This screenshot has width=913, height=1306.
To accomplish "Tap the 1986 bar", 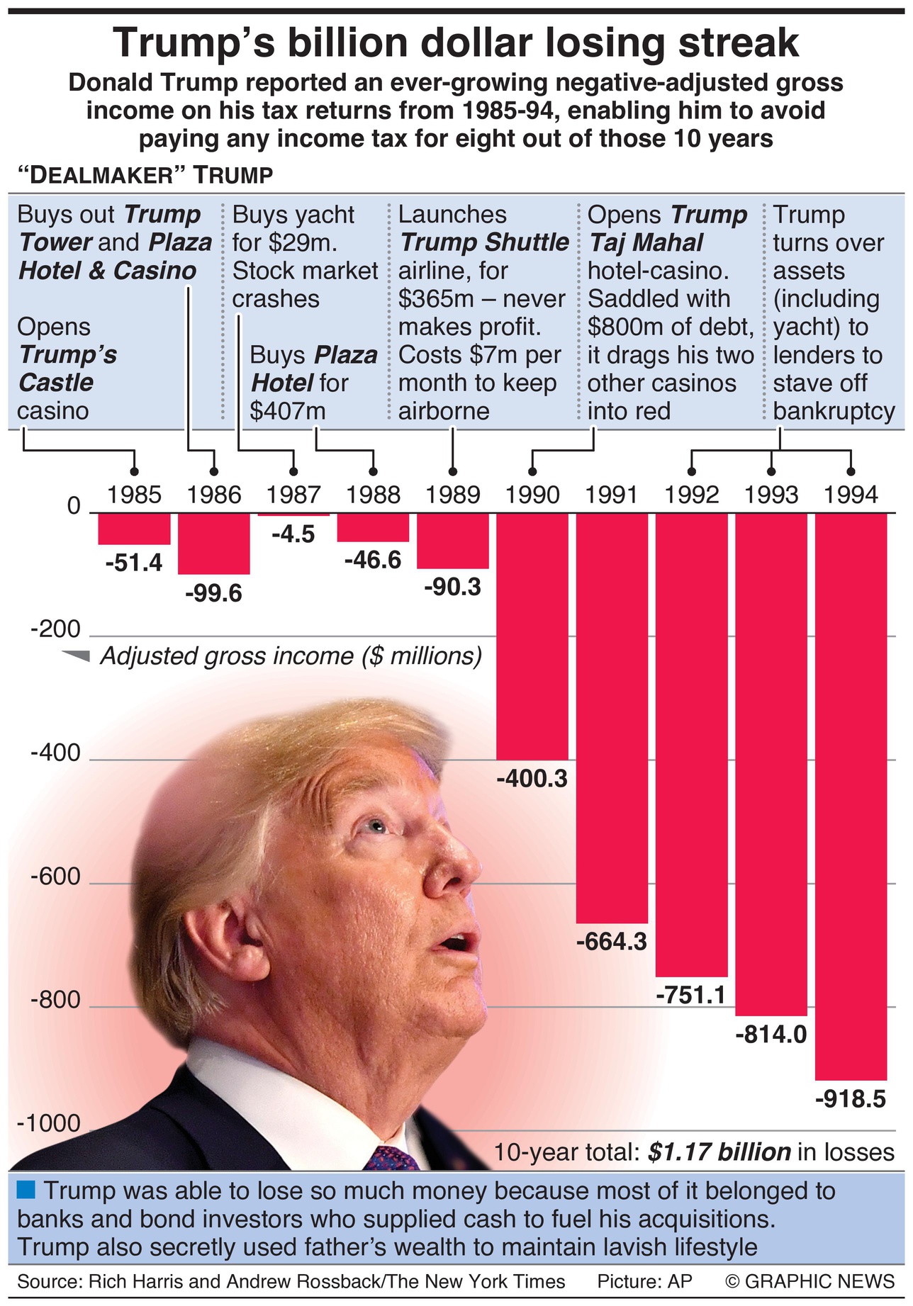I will [x=213, y=544].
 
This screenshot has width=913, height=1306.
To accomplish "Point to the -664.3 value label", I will [x=612, y=942].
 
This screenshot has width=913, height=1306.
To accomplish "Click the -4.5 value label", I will [x=293, y=534].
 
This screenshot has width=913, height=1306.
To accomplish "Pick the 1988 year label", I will [x=374, y=495].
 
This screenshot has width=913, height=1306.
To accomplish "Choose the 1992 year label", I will [x=692, y=495].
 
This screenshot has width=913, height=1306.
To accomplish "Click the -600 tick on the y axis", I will [x=55, y=877].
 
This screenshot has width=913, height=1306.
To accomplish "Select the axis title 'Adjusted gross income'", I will [x=291, y=655].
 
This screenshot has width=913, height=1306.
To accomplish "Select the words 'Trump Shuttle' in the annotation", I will [x=485, y=242].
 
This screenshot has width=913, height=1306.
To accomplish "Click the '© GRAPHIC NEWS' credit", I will [x=810, y=1281].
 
